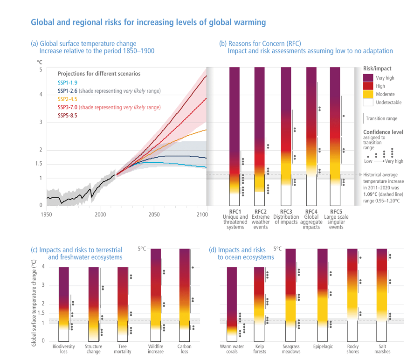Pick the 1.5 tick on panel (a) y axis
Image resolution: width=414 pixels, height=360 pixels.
pos(39,164)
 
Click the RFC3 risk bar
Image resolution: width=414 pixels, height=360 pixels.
pos(286,135)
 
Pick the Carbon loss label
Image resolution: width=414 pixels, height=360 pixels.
pos(184,349)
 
